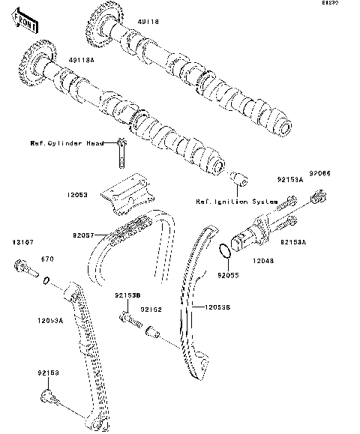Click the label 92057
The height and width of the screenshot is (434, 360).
[84, 235]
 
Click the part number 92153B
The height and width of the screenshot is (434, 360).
[127, 296]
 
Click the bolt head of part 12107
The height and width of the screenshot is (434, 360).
[21, 265]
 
